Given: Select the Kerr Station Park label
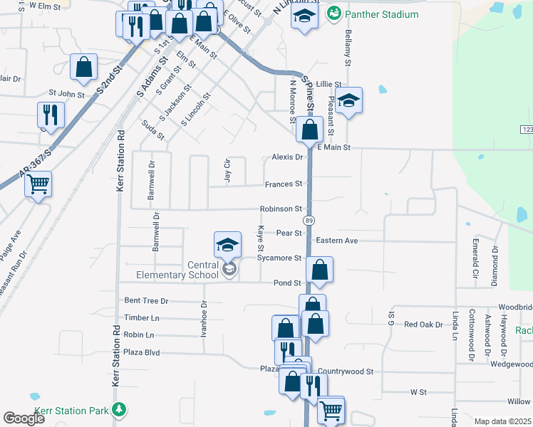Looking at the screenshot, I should pos(78,410).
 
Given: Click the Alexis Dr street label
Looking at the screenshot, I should pos(287,157).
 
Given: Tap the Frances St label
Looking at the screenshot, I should pos(283,184).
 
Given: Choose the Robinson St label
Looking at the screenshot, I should pos(281,209).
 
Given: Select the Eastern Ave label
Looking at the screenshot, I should pos(337,241).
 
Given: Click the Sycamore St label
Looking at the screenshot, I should pos(279,258).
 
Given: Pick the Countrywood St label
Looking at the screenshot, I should pos(346,371).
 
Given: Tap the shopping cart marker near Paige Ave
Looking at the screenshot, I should pos(38,184).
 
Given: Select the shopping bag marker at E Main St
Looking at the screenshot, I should pos(309,130).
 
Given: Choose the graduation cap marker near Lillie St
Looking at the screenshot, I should pos(349,100).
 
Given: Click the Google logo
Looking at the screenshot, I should pos(24,418).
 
